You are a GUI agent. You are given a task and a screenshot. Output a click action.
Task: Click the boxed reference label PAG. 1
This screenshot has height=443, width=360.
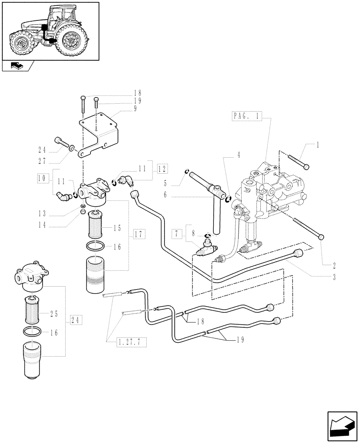[247, 117]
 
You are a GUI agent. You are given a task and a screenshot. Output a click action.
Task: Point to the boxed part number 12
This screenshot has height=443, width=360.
[160, 168]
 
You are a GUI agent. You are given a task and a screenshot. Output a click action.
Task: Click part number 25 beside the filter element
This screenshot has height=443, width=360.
[54, 314]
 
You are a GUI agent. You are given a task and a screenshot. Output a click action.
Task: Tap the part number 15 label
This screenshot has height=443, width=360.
[117, 228]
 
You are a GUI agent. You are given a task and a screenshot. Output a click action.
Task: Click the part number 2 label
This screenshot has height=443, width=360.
[334, 267]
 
